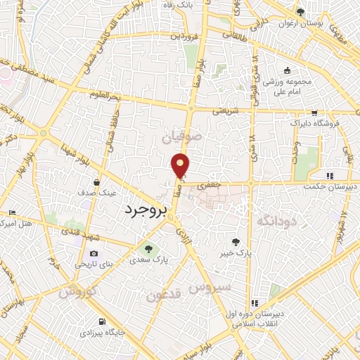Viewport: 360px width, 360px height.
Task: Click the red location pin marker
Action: tap(181, 165)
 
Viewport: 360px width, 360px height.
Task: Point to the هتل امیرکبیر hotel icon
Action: tap(11, 212)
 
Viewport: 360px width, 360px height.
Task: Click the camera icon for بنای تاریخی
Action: tap(94, 254)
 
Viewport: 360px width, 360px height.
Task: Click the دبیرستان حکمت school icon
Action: tap(328, 176)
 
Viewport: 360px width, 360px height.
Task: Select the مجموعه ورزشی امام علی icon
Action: tap(287, 71)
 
